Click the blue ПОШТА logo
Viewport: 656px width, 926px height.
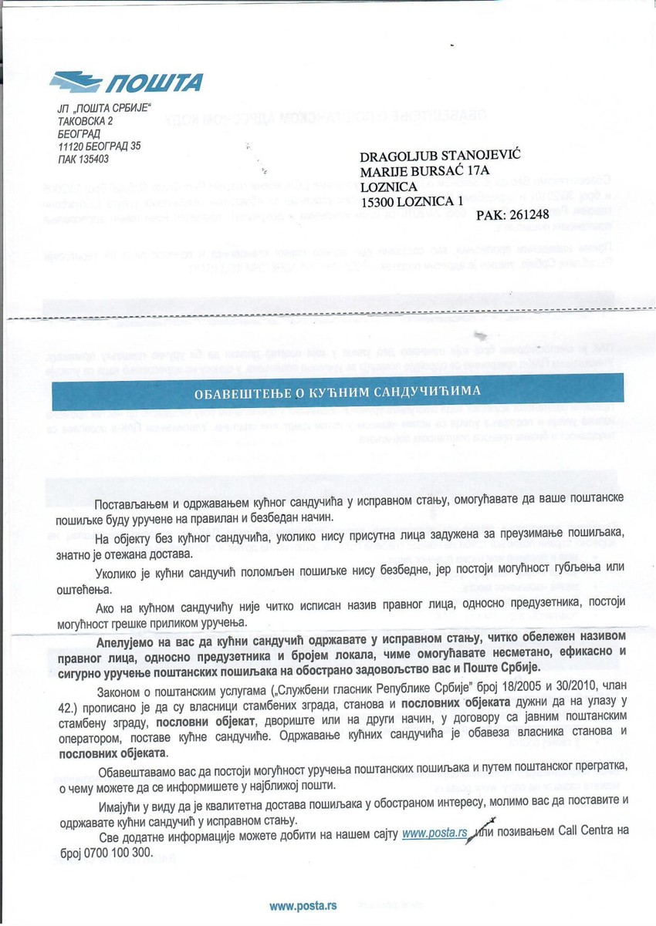pyautogui.click(x=126, y=81)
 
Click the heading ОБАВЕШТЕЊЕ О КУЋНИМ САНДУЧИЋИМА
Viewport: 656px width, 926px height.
pyautogui.click(x=336, y=391)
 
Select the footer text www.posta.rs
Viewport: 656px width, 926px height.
pyautogui.click(x=303, y=905)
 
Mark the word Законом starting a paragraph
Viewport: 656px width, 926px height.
pyautogui.click(x=124, y=692)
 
